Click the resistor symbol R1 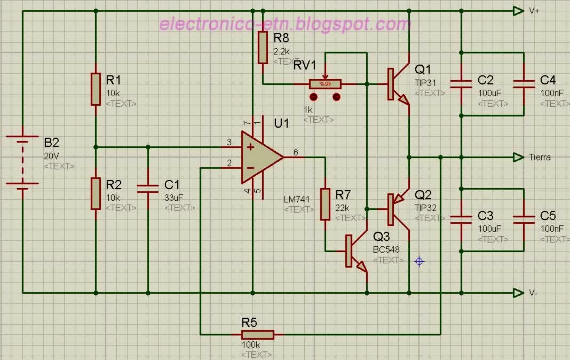click(96, 89)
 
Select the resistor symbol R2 click(96, 193)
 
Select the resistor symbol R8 click(263, 48)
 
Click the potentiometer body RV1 click(324, 84)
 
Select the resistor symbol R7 click(326, 204)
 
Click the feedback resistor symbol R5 click(258, 334)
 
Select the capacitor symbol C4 click(524, 83)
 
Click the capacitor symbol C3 click(461, 219)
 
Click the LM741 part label click(297, 200)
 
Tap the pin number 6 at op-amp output click(296, 153)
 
